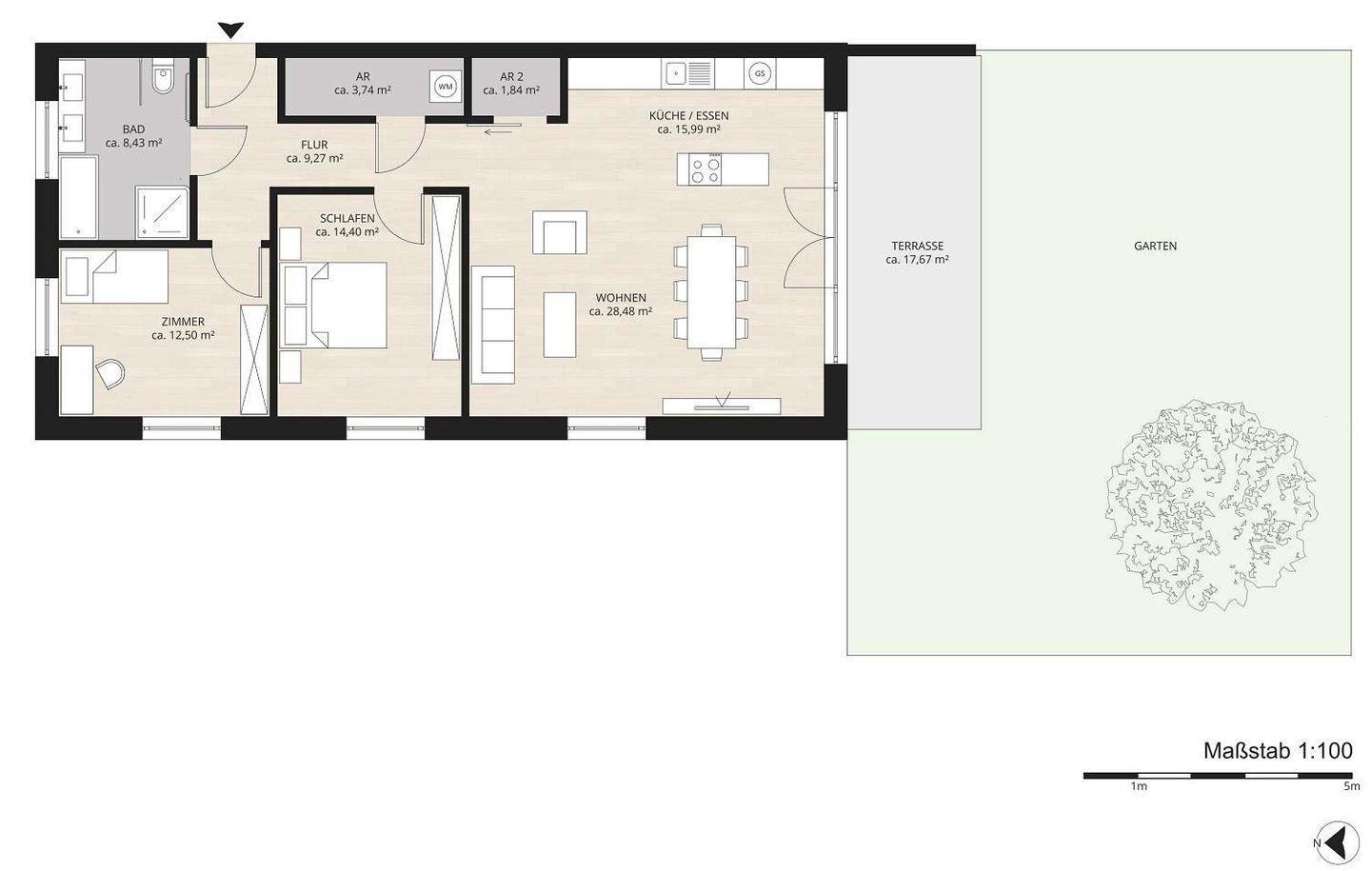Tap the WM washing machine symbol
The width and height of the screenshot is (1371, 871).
pyautogui.click(x=445, y=87)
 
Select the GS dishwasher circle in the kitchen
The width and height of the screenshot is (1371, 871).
pyautogui.click(x=760, y=73)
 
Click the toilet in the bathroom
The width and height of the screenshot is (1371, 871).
pyautogui.click(x=163, y=76)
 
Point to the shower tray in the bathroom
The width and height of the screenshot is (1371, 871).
pyautogui.click(x=162, y=211)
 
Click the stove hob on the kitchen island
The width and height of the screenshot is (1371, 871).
pyautogui.click(x=705, y=169)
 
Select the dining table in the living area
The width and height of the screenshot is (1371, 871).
pyautogui.click(x=711, y=292)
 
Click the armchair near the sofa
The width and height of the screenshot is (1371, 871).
pyautogui.click(x=560, y=232)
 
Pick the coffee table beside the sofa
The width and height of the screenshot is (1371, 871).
pyautogui.click(x=560, y=325)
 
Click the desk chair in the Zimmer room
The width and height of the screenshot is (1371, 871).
pyautogui.click(x=110, y=373)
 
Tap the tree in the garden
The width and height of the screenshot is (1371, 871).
pyautogui.click(x=1211, y=506)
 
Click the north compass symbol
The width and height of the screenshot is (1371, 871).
pyautogui.click(x=1337, y=842)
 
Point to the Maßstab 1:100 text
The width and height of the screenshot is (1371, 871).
pyautogui.click(x=1278, y=750)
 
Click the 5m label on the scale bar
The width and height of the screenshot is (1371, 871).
pyautogui.click(x=1351, y=786)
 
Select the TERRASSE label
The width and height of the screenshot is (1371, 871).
pyautogui.click(x=917, y=246)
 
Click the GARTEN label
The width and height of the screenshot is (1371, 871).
pyautogui.click(x=1155, y=246)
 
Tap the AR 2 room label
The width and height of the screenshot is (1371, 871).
pyautogui.click(x=511, y=77)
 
